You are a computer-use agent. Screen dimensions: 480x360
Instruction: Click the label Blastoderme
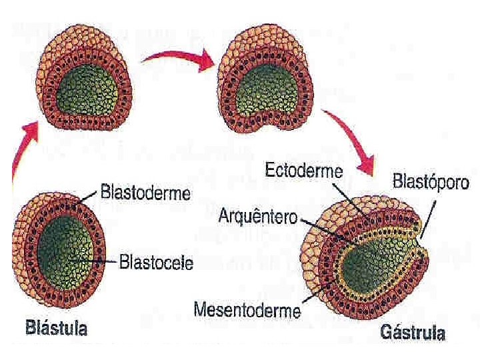pos(145,194)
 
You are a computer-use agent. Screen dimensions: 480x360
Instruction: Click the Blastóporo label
pos(427,181)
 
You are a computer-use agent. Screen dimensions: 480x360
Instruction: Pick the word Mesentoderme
pos(247,309)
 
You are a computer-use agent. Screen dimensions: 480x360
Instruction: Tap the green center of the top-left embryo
pos(87,93)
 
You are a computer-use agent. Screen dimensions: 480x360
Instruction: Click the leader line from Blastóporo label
pos(429,213)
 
